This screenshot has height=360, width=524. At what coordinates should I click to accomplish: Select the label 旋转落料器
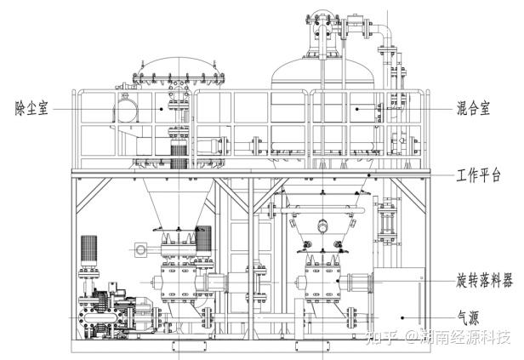click(x=483, y=280)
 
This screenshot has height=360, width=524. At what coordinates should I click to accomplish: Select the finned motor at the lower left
click(x=92, y=252)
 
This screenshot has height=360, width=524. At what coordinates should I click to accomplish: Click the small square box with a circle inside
click(x=139, y=249)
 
